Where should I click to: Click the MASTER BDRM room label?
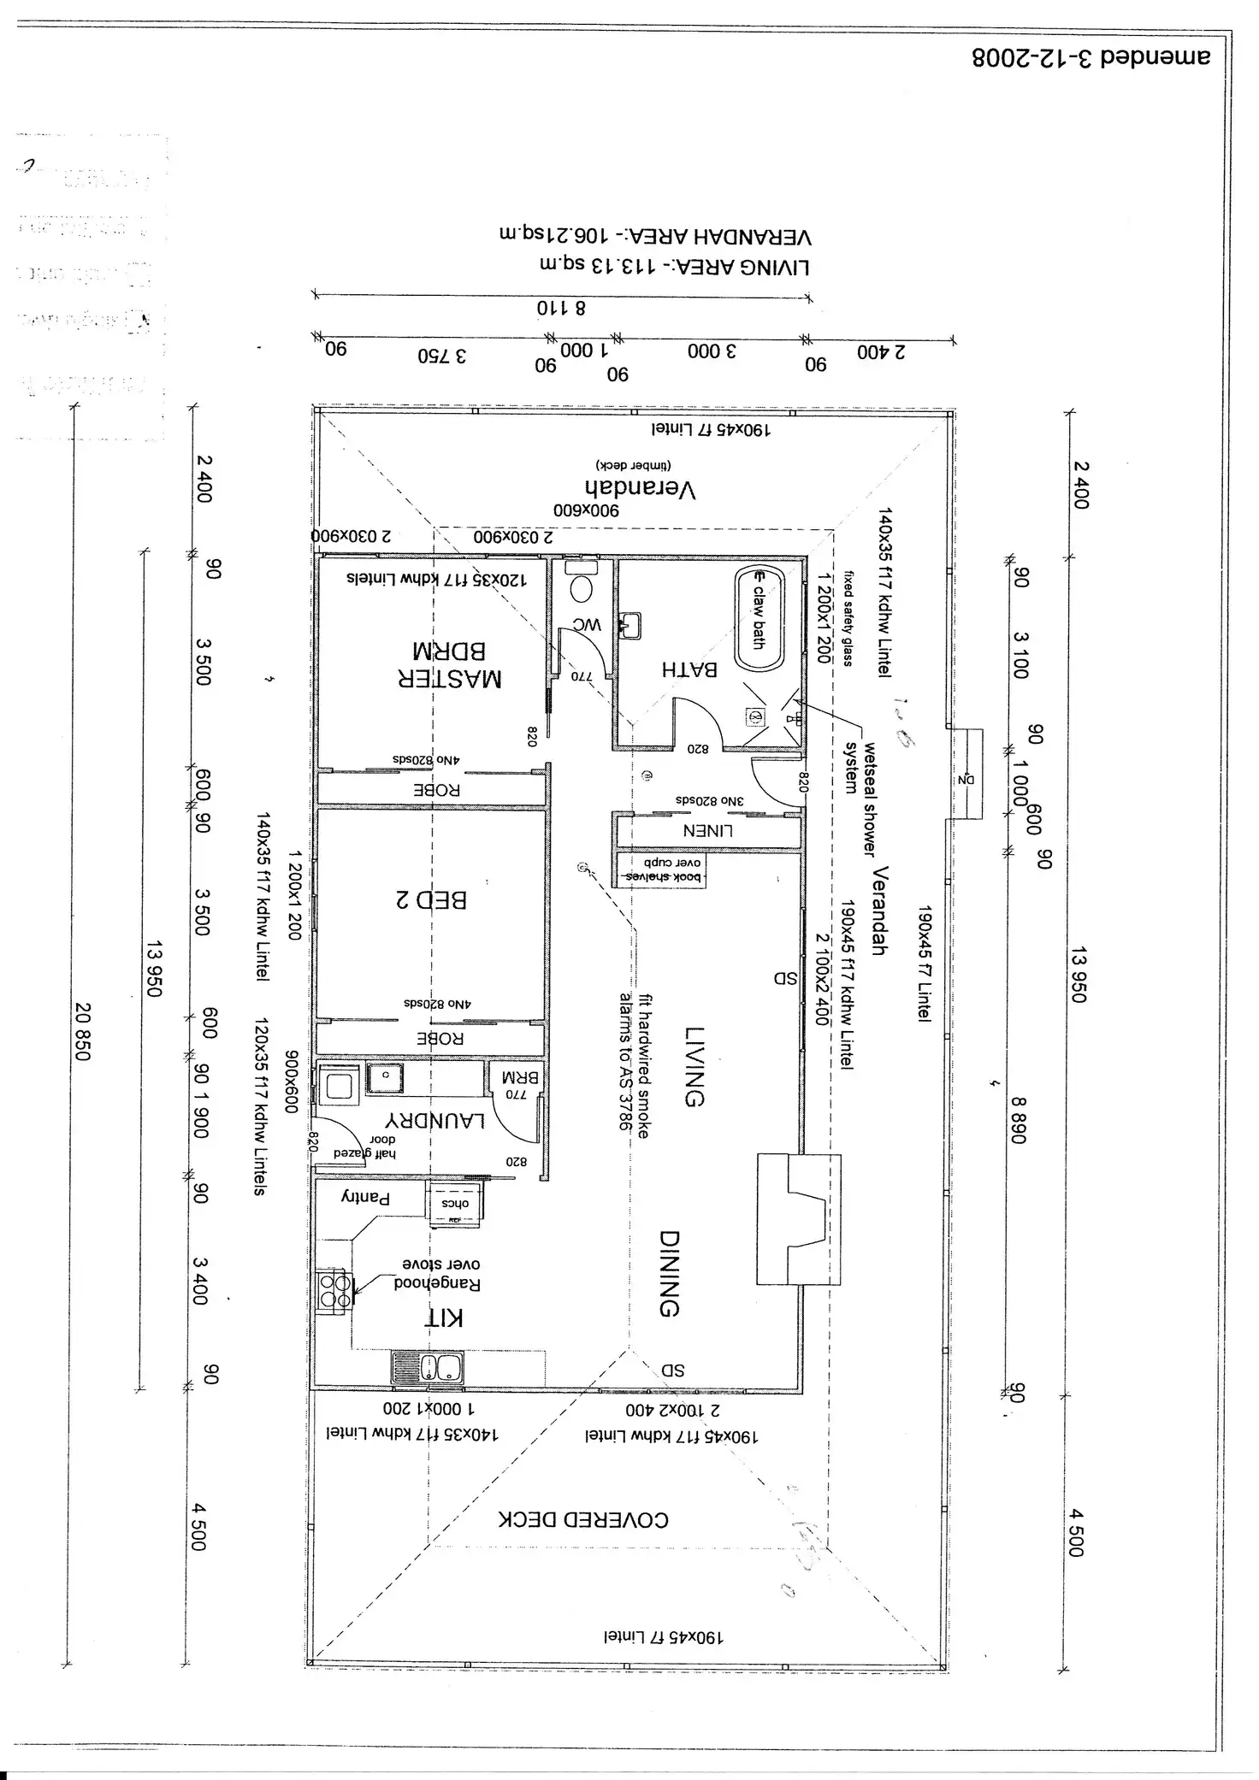click(450, 664)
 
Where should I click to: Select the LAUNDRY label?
click(435, 1120)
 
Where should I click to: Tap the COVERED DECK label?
click(583, 1519)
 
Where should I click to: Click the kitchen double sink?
click(428, 1368)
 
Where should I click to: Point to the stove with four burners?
click(334, 1291)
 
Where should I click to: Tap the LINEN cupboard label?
click(707, 829)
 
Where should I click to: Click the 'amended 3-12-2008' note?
click(1091, 57)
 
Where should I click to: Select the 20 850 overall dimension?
click(82, 1032)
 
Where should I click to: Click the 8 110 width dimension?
click(561, 308)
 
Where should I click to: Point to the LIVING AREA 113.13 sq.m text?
click(653, 266)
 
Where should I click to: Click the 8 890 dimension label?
click(1017, 1120)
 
